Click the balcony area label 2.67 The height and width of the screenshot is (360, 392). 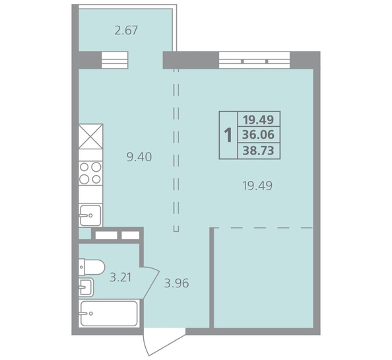(x=126, y=30)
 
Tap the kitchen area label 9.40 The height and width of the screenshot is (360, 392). (x=139, y=157)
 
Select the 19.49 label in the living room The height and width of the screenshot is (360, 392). (x=257, y=186)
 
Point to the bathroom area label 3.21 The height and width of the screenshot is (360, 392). (x=121, y=277)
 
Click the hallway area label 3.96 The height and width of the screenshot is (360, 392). (x=176, y=283)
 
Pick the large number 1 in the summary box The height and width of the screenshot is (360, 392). (x=228, y=135)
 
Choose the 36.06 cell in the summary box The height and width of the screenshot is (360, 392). (x=259, y=135)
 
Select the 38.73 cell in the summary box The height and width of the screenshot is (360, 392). (x=259, y=151)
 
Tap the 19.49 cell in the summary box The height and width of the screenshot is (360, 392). (x=259, y=120)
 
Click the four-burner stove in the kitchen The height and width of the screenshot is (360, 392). (x=90, y=173)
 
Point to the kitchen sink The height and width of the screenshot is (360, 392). (x=90, y=215)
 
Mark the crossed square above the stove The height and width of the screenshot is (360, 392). (x=90, y=137)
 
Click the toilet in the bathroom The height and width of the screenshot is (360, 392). (x=92, y=267)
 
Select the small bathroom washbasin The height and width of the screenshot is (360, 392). (x=86, y=287)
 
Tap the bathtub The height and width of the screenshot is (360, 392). (x=109, y=313)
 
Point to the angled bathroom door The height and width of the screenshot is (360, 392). (x=151, y=283)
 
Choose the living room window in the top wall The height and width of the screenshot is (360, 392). (x=255, y=60)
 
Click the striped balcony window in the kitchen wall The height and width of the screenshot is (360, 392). (x=115, y=60)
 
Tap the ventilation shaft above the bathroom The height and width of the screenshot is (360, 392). (x=117, y=235)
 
